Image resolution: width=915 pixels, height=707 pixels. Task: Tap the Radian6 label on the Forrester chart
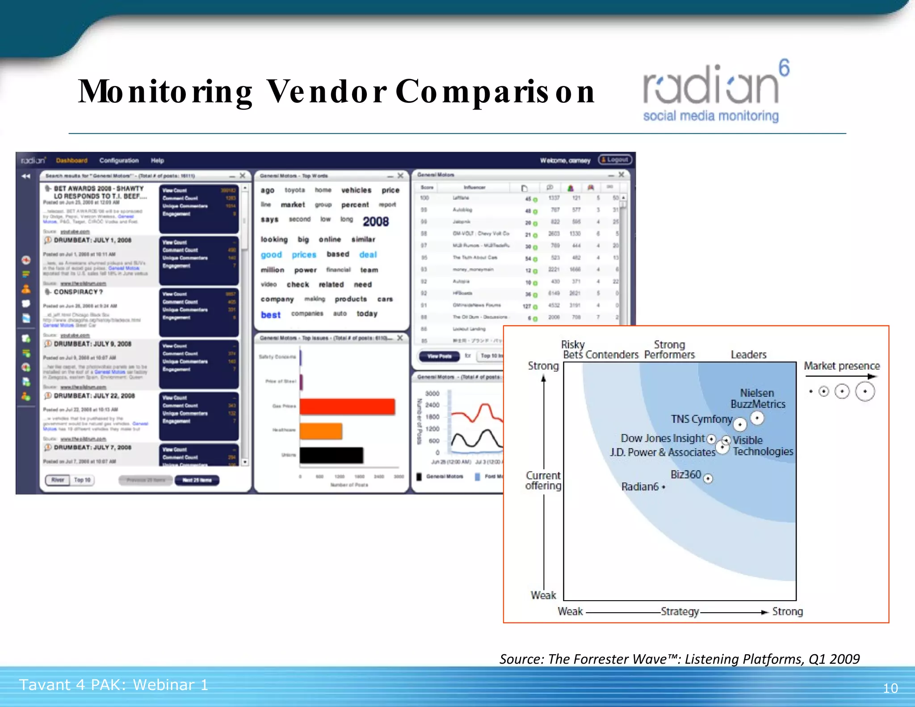[x=640, y=487]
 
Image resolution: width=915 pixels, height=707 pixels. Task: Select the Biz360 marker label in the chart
[x=686, y=475]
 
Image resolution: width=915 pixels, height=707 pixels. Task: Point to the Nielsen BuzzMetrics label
[x=757, y=398]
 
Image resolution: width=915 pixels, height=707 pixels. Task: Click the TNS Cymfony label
[x=701, y=419]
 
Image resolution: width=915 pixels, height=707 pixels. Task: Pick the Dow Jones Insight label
[x=663, y=438]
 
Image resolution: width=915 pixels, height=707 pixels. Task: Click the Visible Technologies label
[x=763, y=446]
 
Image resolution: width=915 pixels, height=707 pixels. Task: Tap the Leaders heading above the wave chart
[x=748, y=355]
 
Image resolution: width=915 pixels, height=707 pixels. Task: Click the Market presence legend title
[x=841, y=366]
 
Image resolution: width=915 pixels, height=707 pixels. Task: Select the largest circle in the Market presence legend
[x=865, y=391]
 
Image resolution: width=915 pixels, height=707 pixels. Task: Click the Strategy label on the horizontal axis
[x=680, y=611]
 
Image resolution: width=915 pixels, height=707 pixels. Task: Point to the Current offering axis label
[x=543, y=480]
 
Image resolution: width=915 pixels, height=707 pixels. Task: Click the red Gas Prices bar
[x=347, y=406]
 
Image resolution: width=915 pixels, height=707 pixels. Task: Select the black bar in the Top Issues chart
[x=331, y=455]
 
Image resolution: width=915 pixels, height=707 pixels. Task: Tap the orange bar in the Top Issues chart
[x=321, y=431]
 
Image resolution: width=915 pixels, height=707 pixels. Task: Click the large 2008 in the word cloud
[x=375, y=222]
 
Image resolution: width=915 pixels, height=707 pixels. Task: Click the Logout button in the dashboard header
[x=615, y=160]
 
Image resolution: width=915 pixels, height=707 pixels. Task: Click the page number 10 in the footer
[x=890, y=688]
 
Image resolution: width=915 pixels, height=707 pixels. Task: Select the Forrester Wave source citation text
[x=679, y=659]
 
